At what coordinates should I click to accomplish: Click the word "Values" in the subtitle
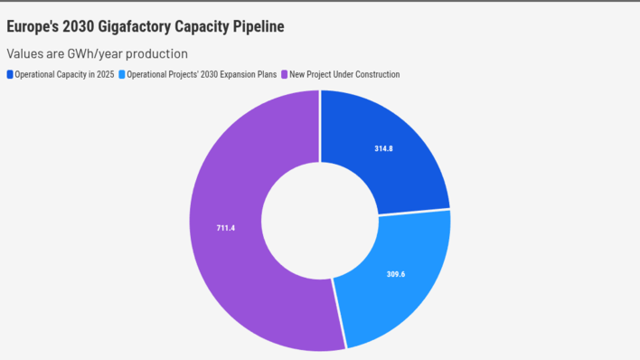pyautogui.click(x=24, y=53)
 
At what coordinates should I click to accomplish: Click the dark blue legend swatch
pyautogui.click(x=10, y=74)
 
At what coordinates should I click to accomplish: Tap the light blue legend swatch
pyautogui.click(x=122, y=74)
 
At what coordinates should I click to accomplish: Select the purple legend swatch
pyautogui.click(x=284, y=74)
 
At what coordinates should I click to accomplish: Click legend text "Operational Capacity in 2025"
pyautogui.click(x=64, y=74)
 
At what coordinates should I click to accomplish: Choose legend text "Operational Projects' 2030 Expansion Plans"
pyautogui.click(x=202, y=74)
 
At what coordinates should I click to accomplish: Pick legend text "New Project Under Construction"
pyautogui.click(x=344, y=74)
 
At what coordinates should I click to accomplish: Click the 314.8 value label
pyautogui.click(x=383, y=148)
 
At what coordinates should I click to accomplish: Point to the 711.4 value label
pyautogui.click(x=225, y=227)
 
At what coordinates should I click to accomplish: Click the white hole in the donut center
pyautogui.click(x=320, y=220)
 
